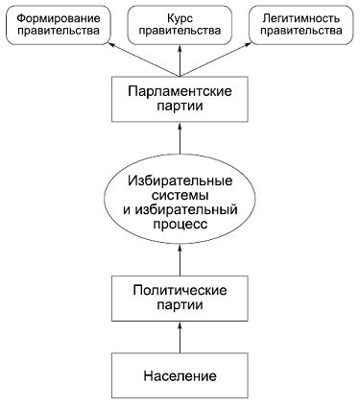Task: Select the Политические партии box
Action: coord(180,298)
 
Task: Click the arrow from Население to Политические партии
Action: coord(180,337)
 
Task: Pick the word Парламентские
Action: coord(180,90)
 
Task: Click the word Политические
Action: coord(180,289)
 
